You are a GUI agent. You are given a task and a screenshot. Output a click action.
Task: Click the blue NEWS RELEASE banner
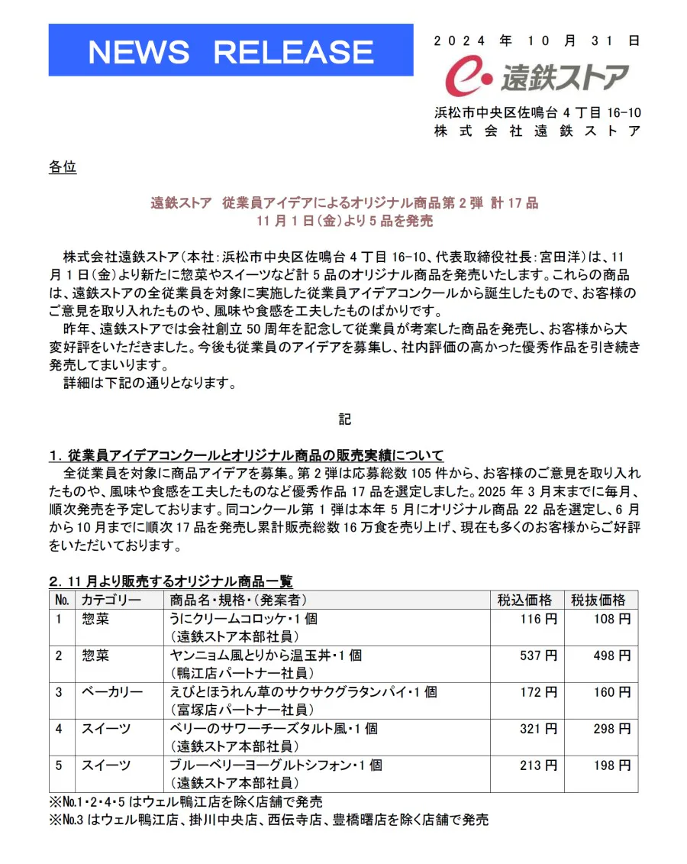coord(231,50)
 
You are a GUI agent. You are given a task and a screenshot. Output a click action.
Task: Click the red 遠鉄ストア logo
coord(537,77)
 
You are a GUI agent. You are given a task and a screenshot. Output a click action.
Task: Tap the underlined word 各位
coord(63,167)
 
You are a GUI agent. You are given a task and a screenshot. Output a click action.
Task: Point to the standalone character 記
coord(345,419)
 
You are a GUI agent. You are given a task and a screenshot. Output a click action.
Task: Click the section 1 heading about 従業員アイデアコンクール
coord(247,456)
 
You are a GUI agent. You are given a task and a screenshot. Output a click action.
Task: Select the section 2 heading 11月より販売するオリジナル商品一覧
coord(171,582)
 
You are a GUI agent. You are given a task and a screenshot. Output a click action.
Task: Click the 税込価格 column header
coord(525,600)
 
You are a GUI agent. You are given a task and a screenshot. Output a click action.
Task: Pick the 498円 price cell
coord(612,655)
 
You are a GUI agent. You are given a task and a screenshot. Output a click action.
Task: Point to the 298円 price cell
coord(612,729)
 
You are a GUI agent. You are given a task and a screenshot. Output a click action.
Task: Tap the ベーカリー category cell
coord(112,692)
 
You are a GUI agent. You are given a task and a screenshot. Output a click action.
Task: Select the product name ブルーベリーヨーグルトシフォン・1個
coord(276,765)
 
